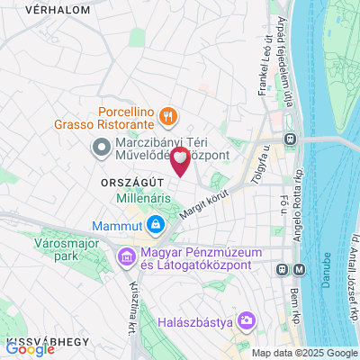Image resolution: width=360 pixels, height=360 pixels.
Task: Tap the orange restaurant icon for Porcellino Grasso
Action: pyautogui.click(x=167, y=115)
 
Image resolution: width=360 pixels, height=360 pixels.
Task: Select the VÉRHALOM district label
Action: pyautogui.click(x=33, y=10)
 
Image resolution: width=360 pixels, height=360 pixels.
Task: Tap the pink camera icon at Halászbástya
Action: pyautogui.click(x=247, y=320)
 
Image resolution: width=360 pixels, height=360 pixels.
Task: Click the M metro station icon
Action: pyautogui.click(x=283, y=268)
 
